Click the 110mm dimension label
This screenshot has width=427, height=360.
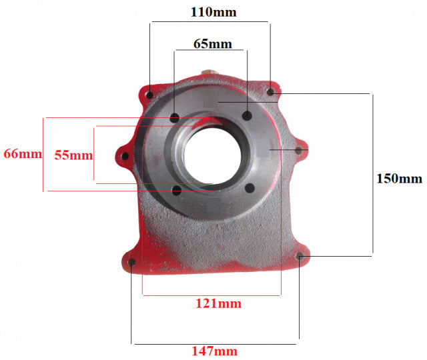coord(213,12)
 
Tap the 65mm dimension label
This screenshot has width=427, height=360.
coord(213,44)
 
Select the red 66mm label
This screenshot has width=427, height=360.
coord(23,154)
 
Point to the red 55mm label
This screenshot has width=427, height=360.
coord(73,155)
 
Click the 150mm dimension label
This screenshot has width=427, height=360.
coord(399,179)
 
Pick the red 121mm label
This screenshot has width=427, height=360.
coord(218,303)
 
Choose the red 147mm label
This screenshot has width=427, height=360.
coord(215,351)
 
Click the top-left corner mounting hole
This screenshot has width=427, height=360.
coord(149,95)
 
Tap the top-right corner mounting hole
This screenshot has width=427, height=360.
coord(270,92)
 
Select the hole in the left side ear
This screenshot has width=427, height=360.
coord(125,156)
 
